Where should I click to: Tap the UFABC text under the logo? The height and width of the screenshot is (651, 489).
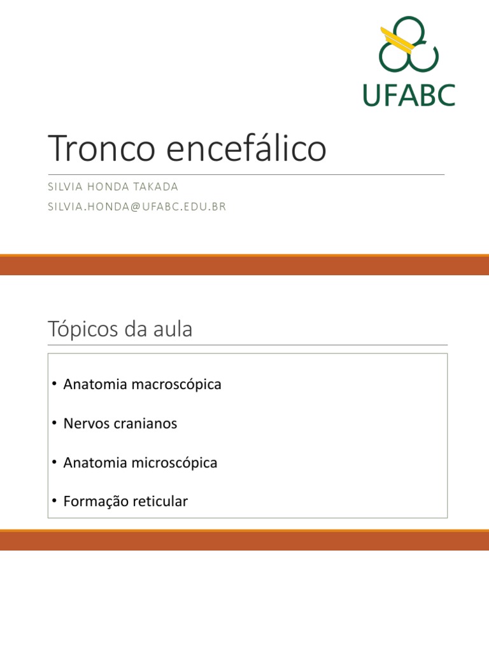click(409, 95)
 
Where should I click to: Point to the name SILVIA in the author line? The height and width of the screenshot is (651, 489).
click(66, 187)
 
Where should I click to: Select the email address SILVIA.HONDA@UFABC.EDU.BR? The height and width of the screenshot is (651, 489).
click(137, 206)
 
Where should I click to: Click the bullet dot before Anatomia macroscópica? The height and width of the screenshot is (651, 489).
click(55, 385)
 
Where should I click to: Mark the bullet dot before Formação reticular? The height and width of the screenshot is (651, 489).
click(55, 502)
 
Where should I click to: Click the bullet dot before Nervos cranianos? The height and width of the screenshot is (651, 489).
click(55, 423)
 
